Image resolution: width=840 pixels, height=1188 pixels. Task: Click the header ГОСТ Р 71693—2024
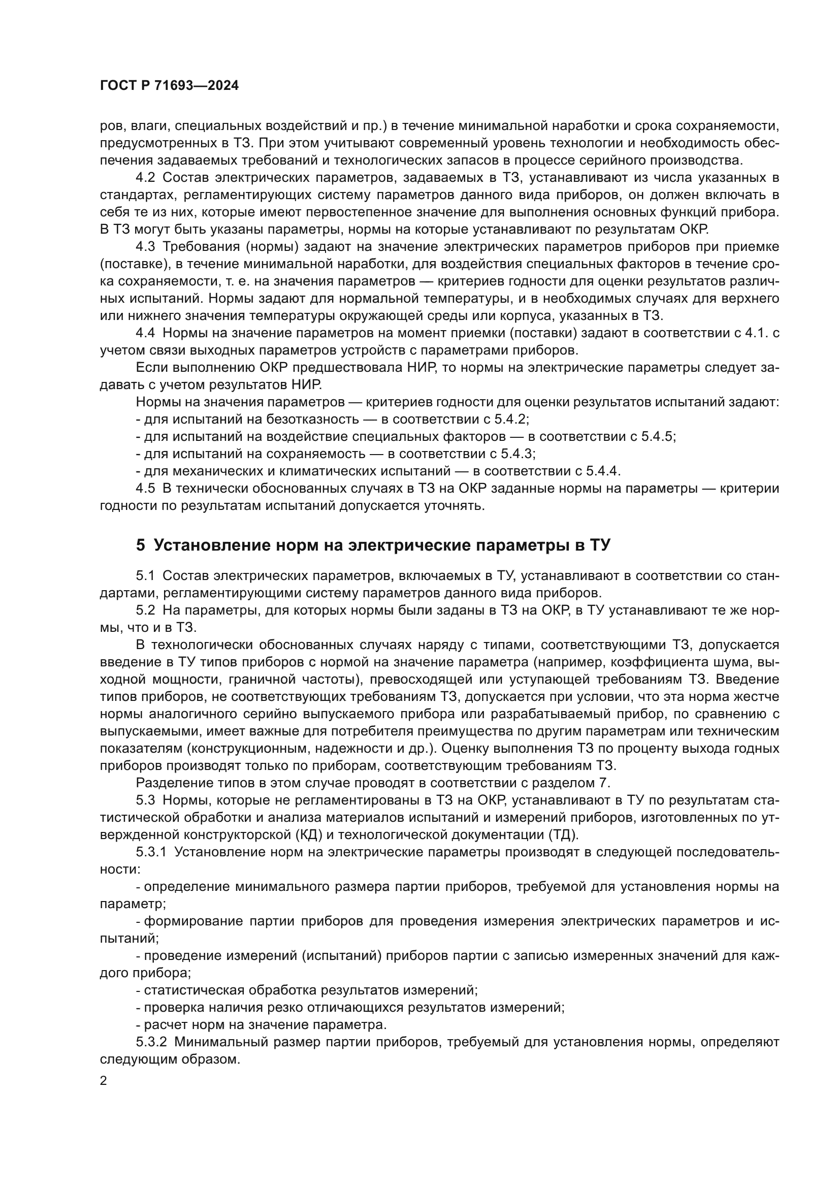(169, 86)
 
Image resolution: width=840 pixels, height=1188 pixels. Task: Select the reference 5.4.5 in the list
(657, 437)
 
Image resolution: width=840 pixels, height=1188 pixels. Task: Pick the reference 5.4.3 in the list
(516, 454)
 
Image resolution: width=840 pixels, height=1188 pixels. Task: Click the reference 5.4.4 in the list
(602, 471)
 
